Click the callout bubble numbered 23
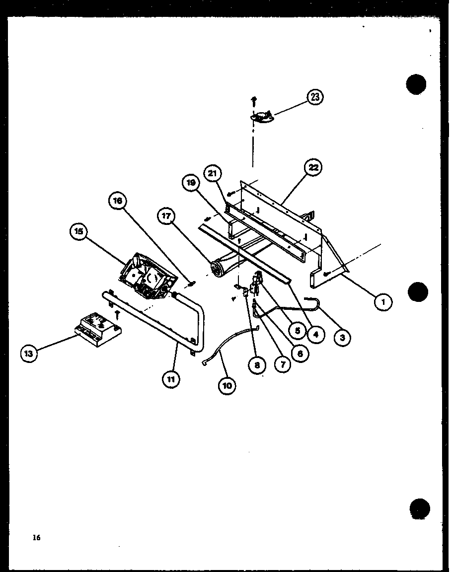[x=315, y=97]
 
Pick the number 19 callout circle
[x=191, y=183]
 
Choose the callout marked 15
[x=79, y=232]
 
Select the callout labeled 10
[x=227, y=386]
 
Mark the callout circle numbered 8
[x=257, y=366]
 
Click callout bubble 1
[x=383, y=301]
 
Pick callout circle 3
[x=342, y=338]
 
